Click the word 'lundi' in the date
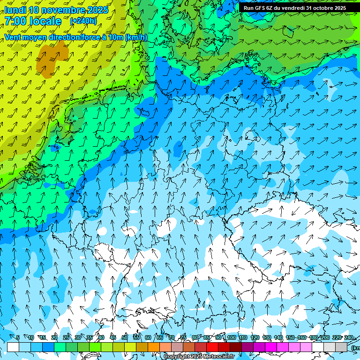click(x=15, y=10)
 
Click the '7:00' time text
click(x=15, y=22)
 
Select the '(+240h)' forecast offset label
click(x=83, y=21)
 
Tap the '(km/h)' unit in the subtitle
click(x=136, y=37)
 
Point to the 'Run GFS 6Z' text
click(x=258, y=8)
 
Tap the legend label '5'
click(x=18, y=338)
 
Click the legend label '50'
click(x=125, y=338)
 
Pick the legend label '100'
click(x=231, y=338)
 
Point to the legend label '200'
click(x=325, y=338)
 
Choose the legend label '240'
click(x=348, y=338)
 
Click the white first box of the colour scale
click(x=13, y=347)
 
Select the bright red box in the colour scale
click(x=212, y=347)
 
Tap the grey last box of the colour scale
click(x=341, y=347)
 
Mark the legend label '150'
click(x=290, y=338)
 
